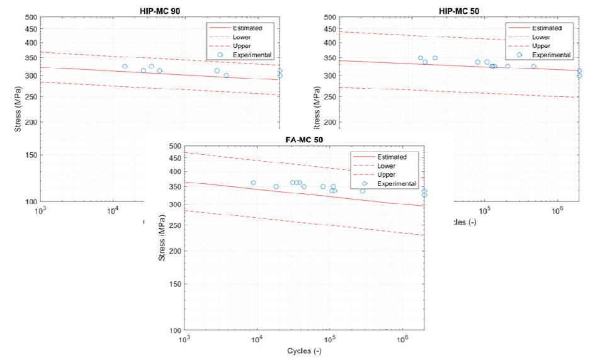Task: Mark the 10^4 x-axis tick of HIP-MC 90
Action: pos(113,210)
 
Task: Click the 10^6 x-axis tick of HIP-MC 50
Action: pos(556,210)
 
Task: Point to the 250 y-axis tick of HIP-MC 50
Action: pos(329,97)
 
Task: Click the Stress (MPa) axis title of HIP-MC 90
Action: pos(18,110)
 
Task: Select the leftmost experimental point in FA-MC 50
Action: pos(253,183)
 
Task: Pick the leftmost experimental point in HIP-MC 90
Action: pos(125,66)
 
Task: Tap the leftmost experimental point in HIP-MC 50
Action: pos(421,58)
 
